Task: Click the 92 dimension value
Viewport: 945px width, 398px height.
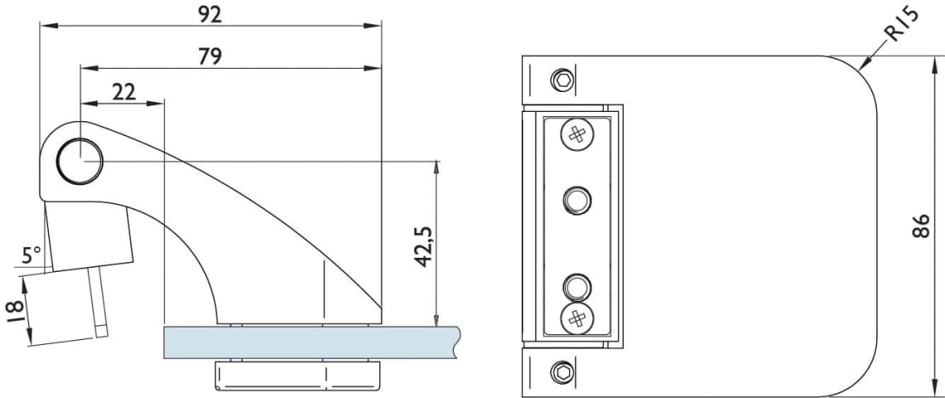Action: click(x=210, y=14)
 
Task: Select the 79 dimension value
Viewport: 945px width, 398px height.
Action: click(x=210, y=56)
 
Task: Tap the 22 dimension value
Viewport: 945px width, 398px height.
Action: click(x=123, y=92)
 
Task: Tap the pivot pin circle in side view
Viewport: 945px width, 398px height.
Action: click(x=80, y=161)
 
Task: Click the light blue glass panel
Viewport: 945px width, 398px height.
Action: click(x=311, y=342)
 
